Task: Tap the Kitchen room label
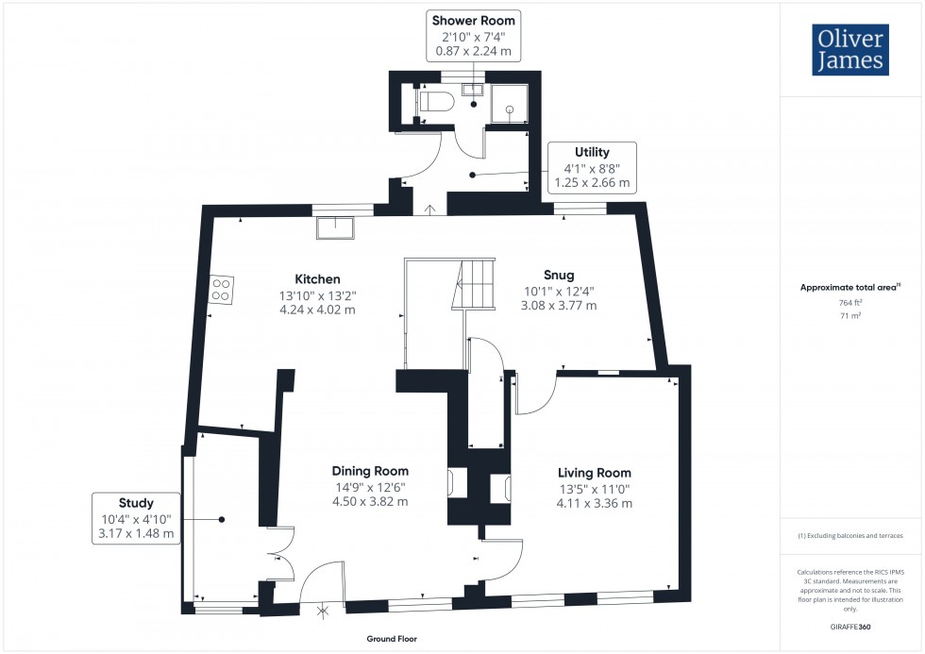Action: coord(317,279)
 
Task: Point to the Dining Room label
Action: coord(369,471)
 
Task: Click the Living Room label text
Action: coord(594,473)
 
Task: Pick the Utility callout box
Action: coord(592,167)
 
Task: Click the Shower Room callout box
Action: coord(475,35)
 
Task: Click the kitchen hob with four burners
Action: coord(222,290)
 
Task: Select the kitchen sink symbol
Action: coord(335,227)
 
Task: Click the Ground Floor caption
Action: coord(392,639)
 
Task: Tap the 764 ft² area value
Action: coord(851,302)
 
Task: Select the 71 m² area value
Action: coord(851,316)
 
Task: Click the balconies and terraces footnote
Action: coord(850,536)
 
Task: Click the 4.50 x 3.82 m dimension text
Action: coord(369,501)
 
